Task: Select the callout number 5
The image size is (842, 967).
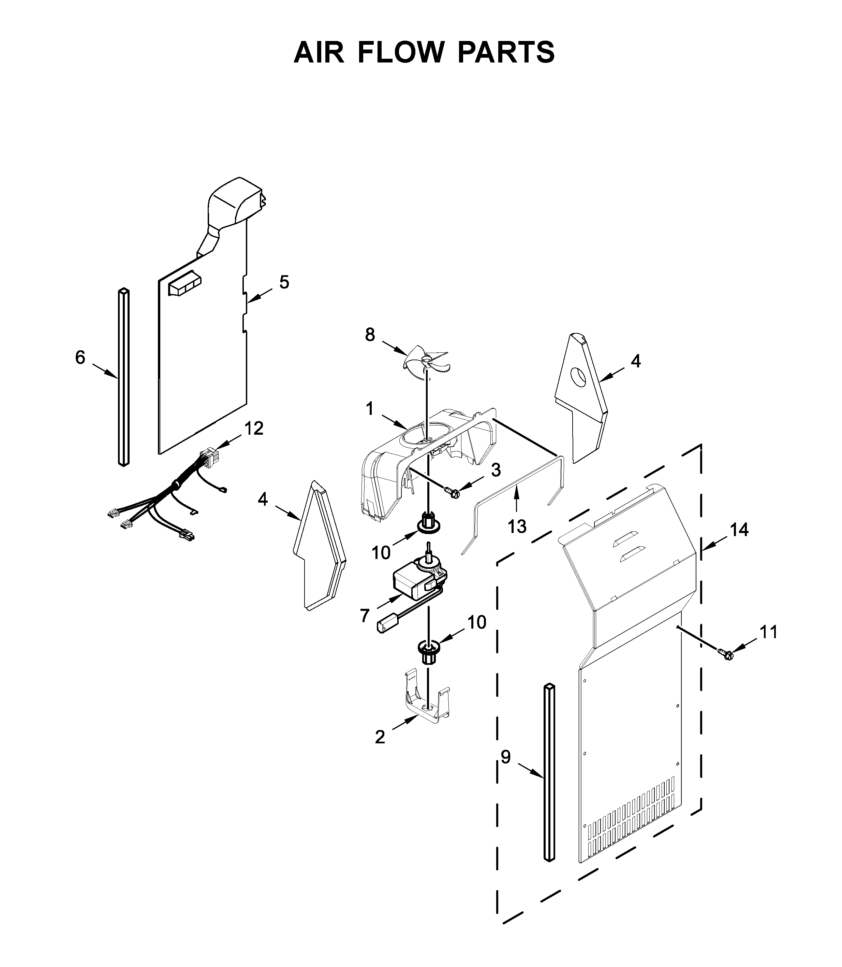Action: coord(284,282)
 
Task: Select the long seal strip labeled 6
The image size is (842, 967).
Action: coord(123,377)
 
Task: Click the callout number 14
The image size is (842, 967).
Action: coord(739,530)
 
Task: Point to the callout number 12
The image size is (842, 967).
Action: coord(254,429)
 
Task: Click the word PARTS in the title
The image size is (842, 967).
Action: coord(506,52)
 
